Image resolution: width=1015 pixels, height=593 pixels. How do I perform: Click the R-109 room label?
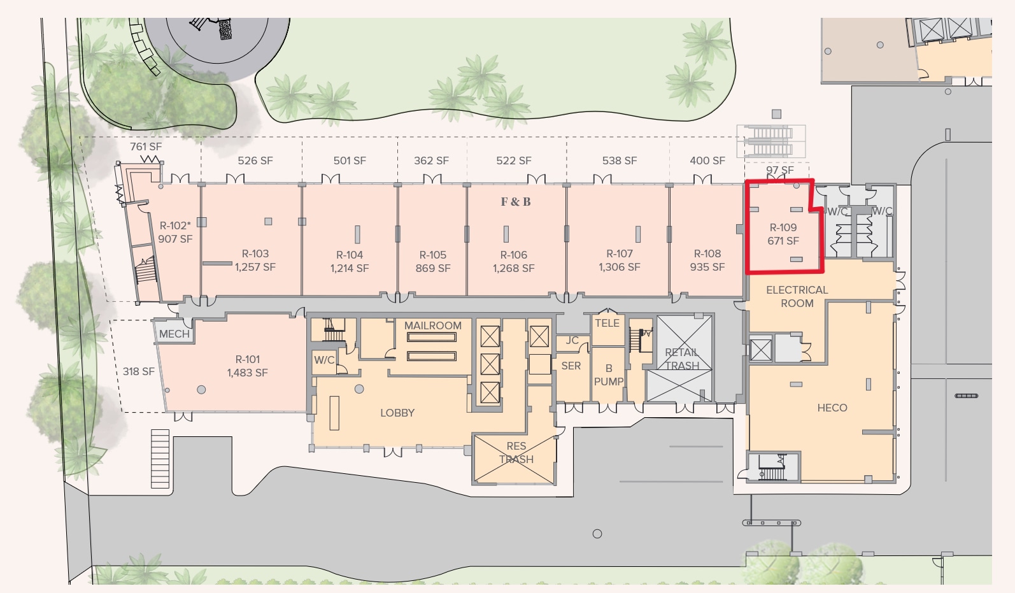pos(783,227)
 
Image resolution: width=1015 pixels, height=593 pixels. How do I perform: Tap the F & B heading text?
pos(516,202)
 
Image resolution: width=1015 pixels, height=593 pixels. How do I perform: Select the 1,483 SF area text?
pos(248,373)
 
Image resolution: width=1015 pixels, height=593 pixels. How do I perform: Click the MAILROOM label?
pos(433,325)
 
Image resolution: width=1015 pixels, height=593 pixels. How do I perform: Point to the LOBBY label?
pos(397,413)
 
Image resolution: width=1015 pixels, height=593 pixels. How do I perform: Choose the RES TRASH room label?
pos(516,452)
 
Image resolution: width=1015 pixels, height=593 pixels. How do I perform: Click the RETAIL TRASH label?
pos(682,359)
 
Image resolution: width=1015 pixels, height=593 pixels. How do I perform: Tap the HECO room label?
pos(832,408)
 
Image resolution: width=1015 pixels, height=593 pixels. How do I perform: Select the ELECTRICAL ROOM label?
pos(797,297)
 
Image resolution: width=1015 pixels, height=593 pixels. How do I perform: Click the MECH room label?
pos(174,334)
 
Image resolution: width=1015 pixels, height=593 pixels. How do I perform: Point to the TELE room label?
pos(607,323)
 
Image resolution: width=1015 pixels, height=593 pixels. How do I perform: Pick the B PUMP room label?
pos(609,375)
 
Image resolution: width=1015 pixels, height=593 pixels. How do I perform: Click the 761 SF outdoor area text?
pos(146,146)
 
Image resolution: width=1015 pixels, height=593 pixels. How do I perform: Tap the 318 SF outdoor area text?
pos(139,371)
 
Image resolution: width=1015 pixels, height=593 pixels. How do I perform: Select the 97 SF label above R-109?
pos(780,170)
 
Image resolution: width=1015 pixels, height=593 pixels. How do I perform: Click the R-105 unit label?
pos(433,255)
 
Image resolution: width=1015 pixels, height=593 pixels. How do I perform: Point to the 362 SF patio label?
pos(431,161)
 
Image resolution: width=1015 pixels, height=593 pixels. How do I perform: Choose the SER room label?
pos(571,366)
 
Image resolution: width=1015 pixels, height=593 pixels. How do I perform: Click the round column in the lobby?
pos(359,389)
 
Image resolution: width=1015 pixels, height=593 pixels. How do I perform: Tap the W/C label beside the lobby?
pos(324,360)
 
